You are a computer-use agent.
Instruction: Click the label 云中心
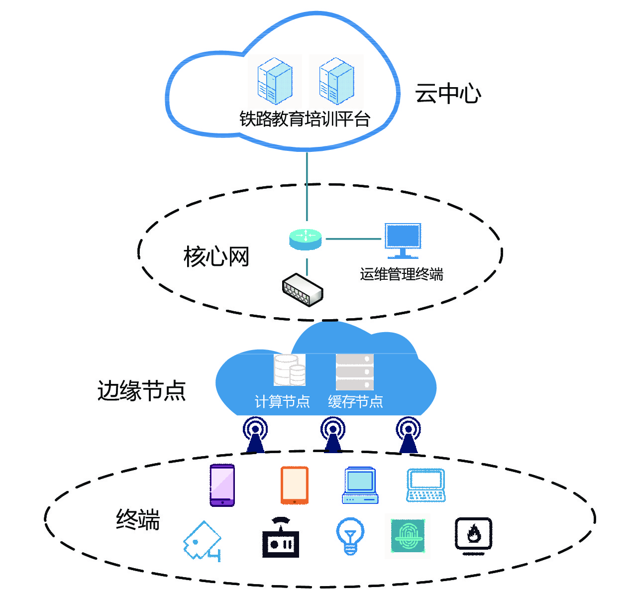(x=448, y=94)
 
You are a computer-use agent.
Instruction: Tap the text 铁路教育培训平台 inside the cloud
(x=305, y=120)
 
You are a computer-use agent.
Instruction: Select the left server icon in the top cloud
(x=274, y=81)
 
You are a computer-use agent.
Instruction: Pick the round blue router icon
(x=306, y=239)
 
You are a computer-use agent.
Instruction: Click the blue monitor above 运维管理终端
(x=403, y=240)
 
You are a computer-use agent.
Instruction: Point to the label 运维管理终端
(x=401, y=274)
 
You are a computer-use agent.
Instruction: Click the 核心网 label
(x=216, y=257)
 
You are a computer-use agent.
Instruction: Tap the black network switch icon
(x=303, y=289)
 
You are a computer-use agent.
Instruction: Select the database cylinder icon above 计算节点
(x=290, y=370)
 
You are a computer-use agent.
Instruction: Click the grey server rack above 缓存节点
(x=354, y=371)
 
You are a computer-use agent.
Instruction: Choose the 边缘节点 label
(x=142, y=391)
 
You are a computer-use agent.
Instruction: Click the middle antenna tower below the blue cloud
(x=333, y=434)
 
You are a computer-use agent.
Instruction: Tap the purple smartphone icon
(x=222, y=485)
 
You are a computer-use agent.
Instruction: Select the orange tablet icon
(x=294, y=485)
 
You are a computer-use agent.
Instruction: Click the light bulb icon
(x=350, y=536)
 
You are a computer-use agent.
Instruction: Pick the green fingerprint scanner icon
(x=408, y=536)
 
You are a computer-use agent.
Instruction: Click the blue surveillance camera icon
(x=202, y=542)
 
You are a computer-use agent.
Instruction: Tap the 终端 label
(x=138, y=520)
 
